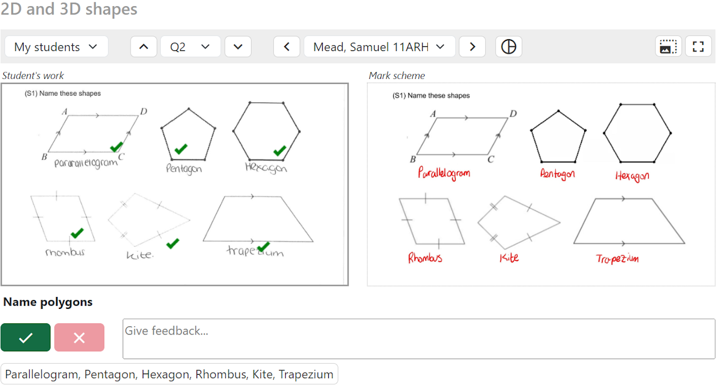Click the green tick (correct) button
pyautogui.click(x=26, y=337)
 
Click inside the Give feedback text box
pyautogui.click(x=418, y=338)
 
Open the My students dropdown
pyautogui.click(x=56, y=47)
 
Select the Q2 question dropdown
pyautogui.click(x=190, y=47)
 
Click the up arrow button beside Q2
pyautogui.click(x=144, y=47)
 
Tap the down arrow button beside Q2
pyautogui.click(x=238, y=47)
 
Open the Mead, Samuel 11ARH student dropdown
pyautogui.click(x=380, y=47)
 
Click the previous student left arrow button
pyautogui.click(x=287, y=47)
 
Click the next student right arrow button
pyautogui.click(x=472, y=47)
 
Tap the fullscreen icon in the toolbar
pyautogui.click(x=698, y=47)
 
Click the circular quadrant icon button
pyautogui.click(x=509, y=47)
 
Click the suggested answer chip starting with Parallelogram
pyautogui.click(x=169, y=374)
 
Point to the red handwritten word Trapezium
pyautogui.click(x=617, y=258)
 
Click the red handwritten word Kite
pyautogui.click(x=509, y=257)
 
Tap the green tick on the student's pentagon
pyautogui.click(x=180, y=149)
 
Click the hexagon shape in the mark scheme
pyautogui.click(x=637, y=133)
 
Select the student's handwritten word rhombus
pyautogui.click(x=66, y=252)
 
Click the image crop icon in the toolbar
pyautogui.click(x=668, y=47)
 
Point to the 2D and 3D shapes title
pyautogui.click(x=69, y=10)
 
